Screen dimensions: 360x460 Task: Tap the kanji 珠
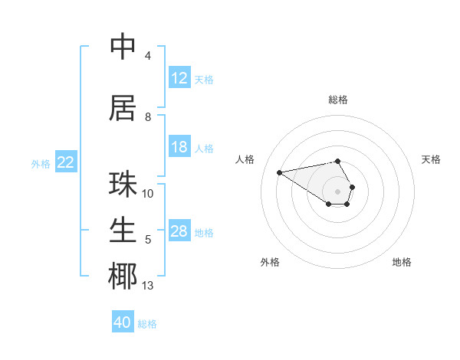(x=123, y=184)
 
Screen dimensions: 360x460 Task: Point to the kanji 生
(x=123, y=231)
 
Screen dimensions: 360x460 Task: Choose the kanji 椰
(x=123, y=276)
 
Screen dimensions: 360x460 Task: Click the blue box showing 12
(x=179, y=78)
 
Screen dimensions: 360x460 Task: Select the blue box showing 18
(x=179, y=147)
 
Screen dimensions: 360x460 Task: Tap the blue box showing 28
(x=179, y=231)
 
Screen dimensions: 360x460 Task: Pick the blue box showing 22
(x=66, y=162)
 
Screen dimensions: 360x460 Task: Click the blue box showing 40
(x=123, y=322)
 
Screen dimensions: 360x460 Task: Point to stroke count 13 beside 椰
(x=148, y=286)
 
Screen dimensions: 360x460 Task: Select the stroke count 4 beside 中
(x=148, y=56)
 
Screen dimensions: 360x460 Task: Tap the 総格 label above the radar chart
(x=338, y=100)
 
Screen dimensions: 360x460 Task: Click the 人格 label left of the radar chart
(x=245, y=159)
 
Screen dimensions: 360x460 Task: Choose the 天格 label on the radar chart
(x=431, y=159)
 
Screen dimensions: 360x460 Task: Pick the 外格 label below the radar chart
(x=270, y=262)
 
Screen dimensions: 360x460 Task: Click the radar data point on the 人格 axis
(x=279, y=172)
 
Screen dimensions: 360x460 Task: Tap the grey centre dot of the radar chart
(x=338, y=191)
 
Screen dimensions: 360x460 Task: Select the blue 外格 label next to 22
(x=41, y=163)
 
